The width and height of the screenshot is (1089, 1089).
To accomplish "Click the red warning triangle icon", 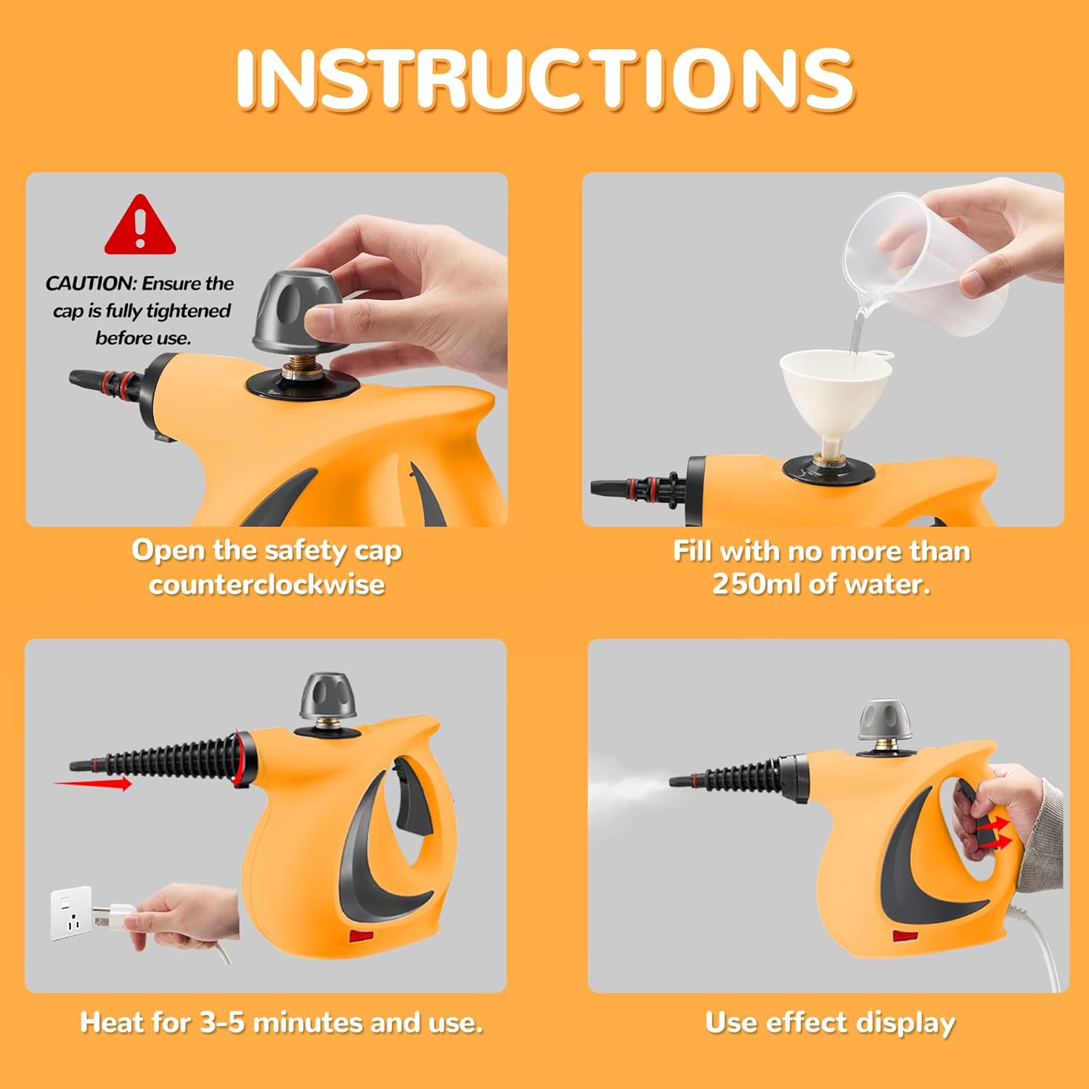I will (140, 227).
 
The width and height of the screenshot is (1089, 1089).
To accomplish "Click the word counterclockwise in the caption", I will (266, 584).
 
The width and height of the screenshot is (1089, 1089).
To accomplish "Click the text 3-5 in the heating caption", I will (222, 1022).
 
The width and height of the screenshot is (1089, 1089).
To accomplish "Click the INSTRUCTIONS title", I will (544, 80).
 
